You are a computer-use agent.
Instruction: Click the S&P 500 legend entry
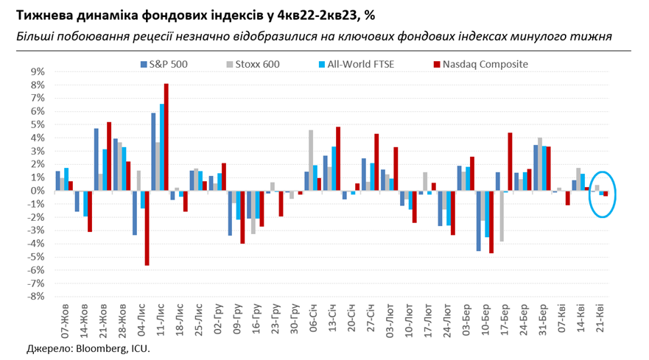168,64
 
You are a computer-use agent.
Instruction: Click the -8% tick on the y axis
36,297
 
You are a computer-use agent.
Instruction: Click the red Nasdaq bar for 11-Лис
166,137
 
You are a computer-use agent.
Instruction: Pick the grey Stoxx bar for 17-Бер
503,216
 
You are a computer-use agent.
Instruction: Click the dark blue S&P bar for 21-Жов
97,160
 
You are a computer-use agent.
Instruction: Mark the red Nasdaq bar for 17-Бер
510,161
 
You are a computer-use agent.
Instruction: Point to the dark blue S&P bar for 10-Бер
478,221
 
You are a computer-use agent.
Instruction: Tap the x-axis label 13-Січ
334,318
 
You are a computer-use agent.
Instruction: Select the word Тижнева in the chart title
41,14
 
